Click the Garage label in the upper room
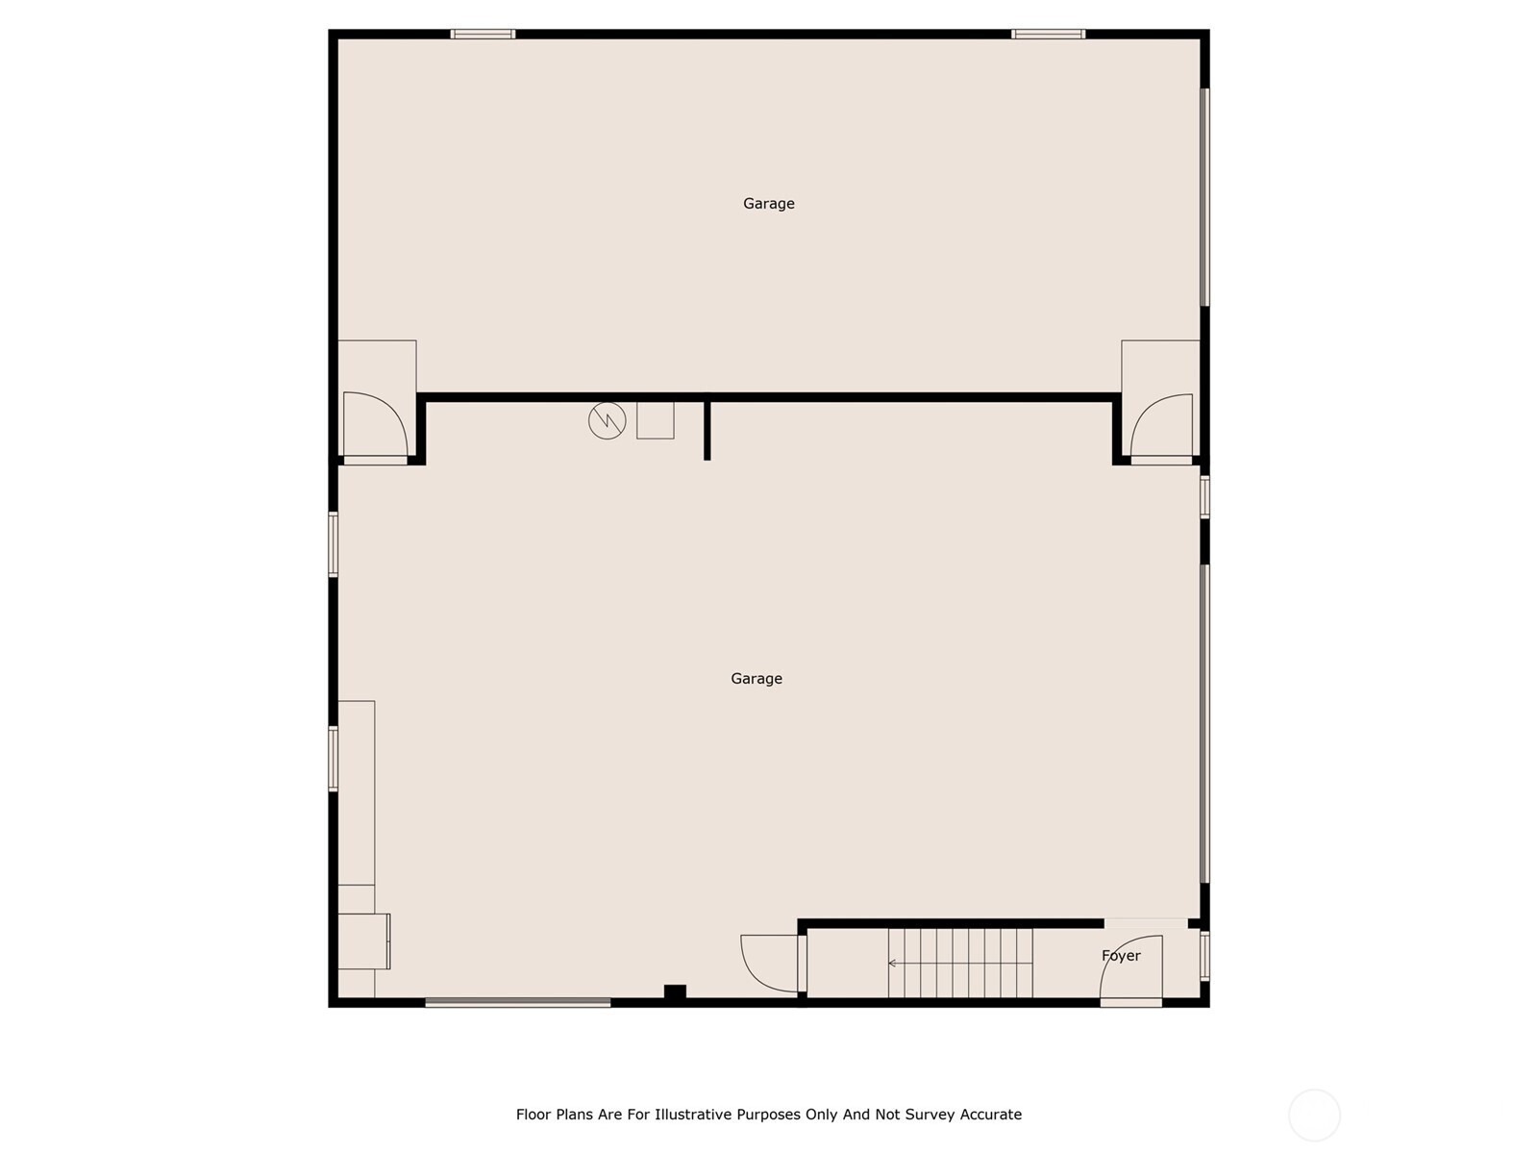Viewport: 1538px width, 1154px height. [769, 204]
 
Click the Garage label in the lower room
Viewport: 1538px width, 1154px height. [757, 678]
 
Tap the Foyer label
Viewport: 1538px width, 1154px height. [1121, 956]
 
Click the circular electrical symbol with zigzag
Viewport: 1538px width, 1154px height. [607, 420]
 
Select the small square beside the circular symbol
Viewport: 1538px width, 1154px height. [656, 420]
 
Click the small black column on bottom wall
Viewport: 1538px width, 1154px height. [675, 991]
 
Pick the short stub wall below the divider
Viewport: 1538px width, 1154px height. [707, 431]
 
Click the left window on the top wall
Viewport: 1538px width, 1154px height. [483, 34]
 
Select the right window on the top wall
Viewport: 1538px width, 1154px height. [1048, 34]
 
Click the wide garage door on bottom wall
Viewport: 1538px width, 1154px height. [518, 1003]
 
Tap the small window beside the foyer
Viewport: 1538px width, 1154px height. [1204, 955]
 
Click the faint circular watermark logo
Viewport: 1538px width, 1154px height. [1314, 1115]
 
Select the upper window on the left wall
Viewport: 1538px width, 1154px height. [334, 544]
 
